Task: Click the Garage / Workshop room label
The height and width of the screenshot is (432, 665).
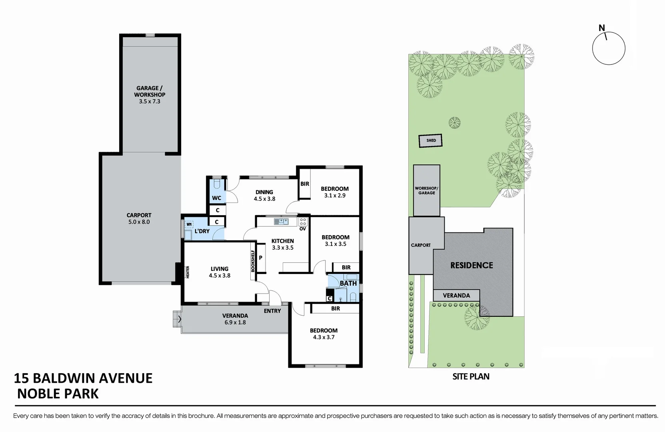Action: (x=150, y=91)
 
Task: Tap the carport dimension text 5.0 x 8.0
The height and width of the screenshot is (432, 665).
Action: (x=139, y=222)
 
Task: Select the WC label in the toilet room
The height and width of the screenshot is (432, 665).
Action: (x=216, y=198)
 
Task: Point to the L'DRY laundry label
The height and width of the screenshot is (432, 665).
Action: (x=202, y=231)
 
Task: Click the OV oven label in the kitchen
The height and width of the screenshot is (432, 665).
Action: (x=303, y=229)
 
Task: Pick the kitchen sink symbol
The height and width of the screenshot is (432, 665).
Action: (x=281, y=221)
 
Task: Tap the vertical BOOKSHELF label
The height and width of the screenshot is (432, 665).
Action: (x=253, y=261)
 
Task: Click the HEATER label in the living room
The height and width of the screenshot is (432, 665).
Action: (x=188, y=272)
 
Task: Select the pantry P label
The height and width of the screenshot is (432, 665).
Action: (x=261, y=258)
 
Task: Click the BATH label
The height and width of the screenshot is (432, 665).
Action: (x=348, y=283)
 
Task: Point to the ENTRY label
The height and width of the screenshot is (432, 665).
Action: (x=272, y=311)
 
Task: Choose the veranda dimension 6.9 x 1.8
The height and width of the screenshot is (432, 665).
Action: (x=235, y=322)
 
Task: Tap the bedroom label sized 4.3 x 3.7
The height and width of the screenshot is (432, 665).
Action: (x=324, y=330)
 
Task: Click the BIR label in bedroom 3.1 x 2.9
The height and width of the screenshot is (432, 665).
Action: (x=305, y=184)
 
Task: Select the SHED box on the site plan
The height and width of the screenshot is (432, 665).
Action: (x=431, y=140)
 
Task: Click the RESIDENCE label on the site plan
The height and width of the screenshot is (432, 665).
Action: (x=471, y=265)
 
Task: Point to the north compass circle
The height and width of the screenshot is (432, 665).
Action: (x=608, y=48)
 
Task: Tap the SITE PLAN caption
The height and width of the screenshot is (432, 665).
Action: (x=471, y=376)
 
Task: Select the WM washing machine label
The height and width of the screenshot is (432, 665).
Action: (x=189, y=224)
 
